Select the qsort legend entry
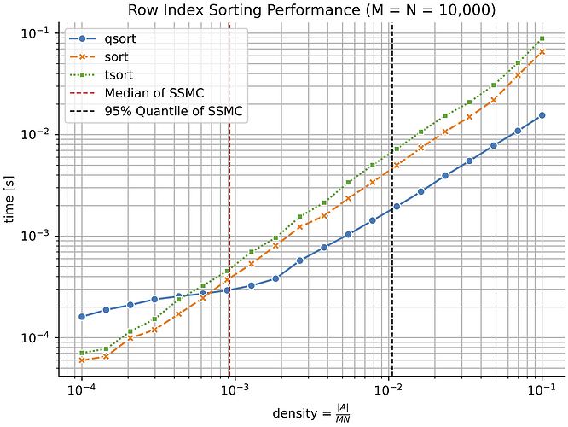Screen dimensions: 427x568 tap(119, 39)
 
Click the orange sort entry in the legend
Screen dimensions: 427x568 tap(116, 57)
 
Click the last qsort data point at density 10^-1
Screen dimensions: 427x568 tap(542, 115)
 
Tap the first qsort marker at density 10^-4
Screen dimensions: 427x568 tap(82, 317)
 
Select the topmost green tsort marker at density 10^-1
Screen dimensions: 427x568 tap(542, 38)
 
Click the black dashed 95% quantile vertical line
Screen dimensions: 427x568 tap(391, 256)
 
